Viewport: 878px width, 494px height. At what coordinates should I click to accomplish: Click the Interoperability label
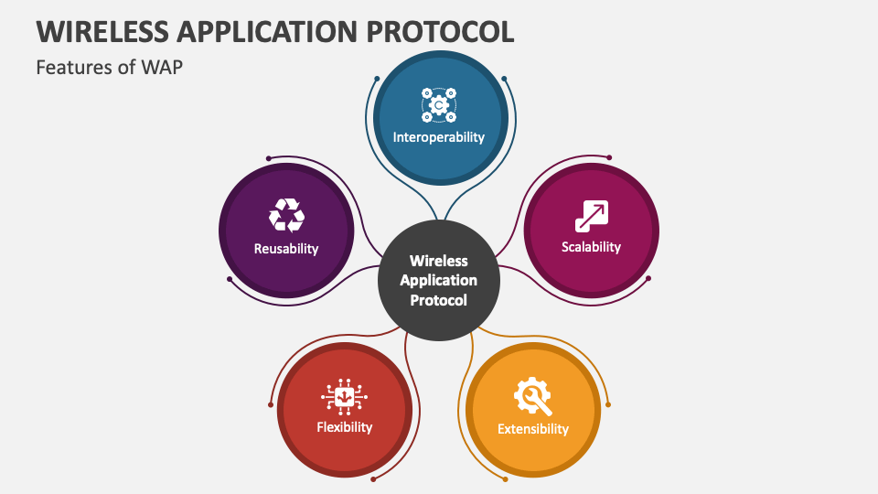click(x=439, y=137)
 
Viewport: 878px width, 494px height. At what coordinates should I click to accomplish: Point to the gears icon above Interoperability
click(x=439, y=105)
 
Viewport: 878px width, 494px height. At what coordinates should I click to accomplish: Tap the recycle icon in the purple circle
click(x=286, y=216)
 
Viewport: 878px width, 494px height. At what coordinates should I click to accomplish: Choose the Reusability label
click(x=286, y=248)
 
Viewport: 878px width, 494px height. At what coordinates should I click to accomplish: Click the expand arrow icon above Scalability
click(x=591, y=216)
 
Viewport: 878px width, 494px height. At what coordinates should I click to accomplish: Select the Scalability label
click(x=591, y=247)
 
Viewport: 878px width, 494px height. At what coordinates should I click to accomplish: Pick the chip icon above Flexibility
click(x=344, y=396)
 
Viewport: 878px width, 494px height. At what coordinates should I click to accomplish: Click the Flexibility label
click(x=344, y=427)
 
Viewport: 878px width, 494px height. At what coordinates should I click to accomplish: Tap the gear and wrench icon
click(x=532, y=396)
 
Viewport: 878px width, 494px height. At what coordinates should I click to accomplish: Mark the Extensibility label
click(x=532, y=429)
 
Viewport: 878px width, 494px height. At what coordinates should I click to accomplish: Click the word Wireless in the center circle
click(x=439, y=261)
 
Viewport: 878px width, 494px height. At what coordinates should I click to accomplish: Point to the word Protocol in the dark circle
click(x=439, y=300)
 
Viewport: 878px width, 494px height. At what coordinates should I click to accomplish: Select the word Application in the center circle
click(x=439, y=280)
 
